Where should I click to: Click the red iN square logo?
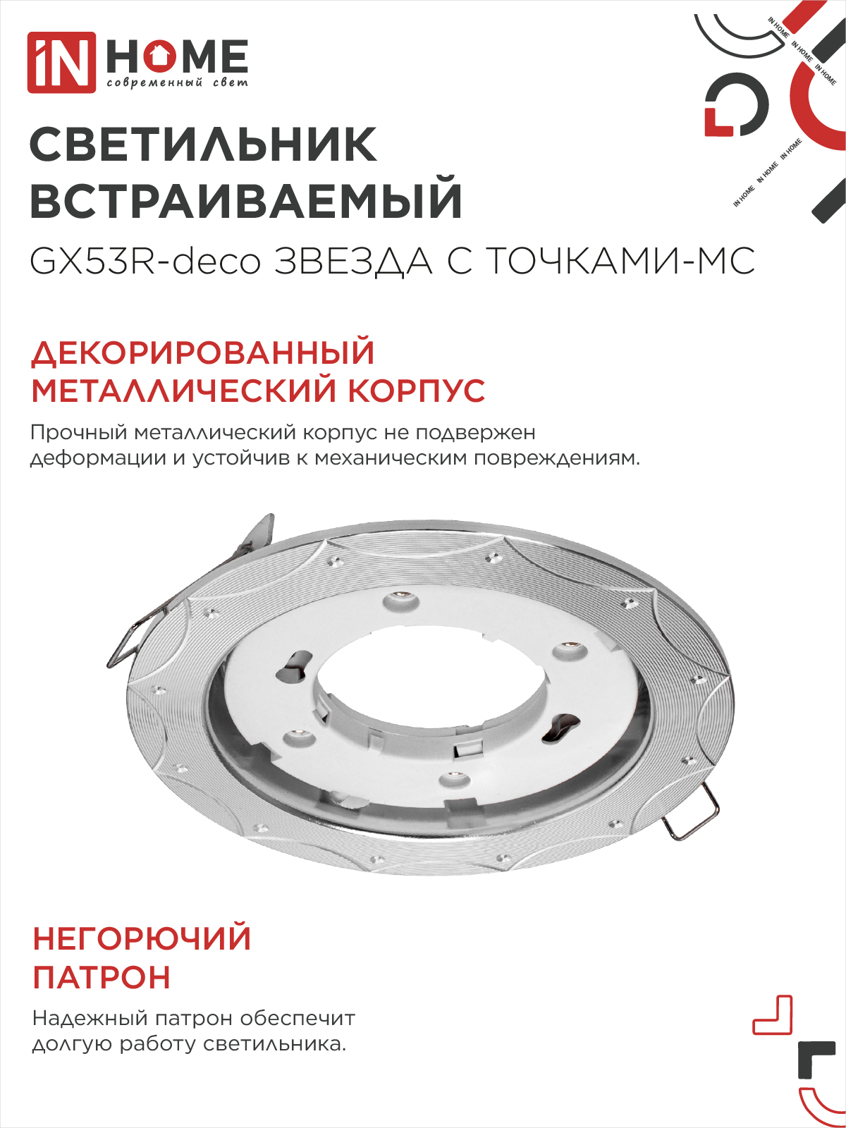click(61, 62)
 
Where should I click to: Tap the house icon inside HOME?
click(161, 56)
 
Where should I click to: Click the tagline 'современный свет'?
click(177, 83)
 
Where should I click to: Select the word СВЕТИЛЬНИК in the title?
click(204, 145)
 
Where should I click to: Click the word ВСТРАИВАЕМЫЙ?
click(246, 201)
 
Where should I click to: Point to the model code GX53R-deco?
click(145, 262)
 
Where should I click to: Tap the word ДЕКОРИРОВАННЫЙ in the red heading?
click(203, 353)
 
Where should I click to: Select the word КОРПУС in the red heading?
click(416, 391)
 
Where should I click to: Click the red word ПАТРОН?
click(102, 978)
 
